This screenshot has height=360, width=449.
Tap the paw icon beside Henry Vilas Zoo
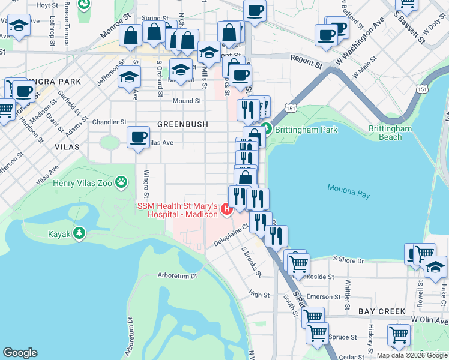pos(122,181)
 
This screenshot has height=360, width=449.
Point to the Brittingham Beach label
pos(390,133)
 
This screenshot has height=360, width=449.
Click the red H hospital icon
pos(226,209)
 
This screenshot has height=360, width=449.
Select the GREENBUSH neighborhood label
pos(182,124)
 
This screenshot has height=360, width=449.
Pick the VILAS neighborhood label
pos(67,146)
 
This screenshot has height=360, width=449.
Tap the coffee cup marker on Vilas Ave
pos(138,137)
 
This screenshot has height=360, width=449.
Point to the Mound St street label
pos(187,101)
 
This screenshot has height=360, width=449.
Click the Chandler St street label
pos(107,122)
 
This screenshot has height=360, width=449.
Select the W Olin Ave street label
pos(430,319)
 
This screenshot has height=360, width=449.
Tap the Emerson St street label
pos(323,297)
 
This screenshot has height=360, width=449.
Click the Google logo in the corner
pos(20,353)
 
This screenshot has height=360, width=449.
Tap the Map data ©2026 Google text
pos(411,355)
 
